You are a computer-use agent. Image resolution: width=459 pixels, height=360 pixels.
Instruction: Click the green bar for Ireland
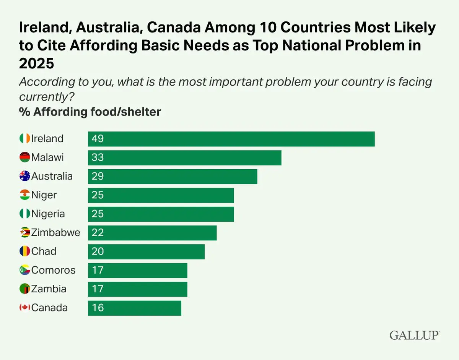(231, 139)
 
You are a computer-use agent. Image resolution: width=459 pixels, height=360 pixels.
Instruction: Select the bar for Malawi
(184, 157)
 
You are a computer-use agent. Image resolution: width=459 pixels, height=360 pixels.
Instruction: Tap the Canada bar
(134, 308)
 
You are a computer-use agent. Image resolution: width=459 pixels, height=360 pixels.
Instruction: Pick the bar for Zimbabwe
(152, 233)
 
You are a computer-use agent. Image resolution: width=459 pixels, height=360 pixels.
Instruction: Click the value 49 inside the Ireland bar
(98, 139)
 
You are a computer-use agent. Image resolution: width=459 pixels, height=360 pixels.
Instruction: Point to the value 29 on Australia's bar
(98, 176)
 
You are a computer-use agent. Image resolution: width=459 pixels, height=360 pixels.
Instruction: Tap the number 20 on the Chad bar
(98, 251)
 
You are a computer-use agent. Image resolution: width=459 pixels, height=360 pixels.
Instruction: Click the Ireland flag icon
(25, 139)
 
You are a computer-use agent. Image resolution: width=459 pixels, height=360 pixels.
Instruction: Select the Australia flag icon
(25, 176)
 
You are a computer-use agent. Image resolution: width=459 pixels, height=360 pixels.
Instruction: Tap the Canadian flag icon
(25, 308)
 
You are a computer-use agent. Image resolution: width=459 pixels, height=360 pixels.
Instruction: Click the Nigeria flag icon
(25, 214)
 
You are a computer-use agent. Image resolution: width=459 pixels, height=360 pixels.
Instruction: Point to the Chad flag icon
(25, 251)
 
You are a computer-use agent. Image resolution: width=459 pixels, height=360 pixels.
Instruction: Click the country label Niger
(44, 195)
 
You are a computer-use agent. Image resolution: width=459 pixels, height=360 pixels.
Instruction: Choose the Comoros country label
(54, 270)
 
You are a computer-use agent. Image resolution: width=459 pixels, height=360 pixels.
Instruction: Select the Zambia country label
(49, 289)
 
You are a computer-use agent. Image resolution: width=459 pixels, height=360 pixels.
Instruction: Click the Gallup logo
(415, 336)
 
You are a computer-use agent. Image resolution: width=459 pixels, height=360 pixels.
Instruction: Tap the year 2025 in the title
(36, 63)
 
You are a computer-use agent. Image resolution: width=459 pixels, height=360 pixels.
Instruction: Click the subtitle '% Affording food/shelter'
(90, 112)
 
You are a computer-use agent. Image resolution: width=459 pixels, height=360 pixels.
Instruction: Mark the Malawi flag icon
(25, 157)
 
